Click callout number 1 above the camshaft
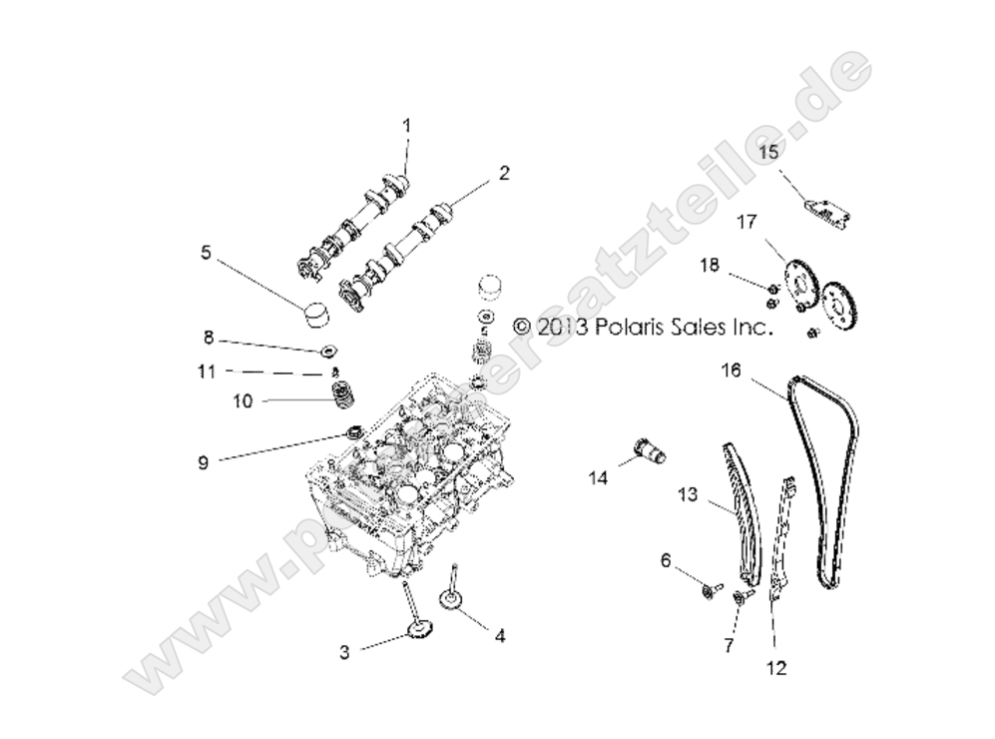406,125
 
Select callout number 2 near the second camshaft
505,173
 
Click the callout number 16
732,370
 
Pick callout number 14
598,478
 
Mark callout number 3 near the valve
343,652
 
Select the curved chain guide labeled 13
740,509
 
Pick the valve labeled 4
451,597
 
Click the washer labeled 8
326,352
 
